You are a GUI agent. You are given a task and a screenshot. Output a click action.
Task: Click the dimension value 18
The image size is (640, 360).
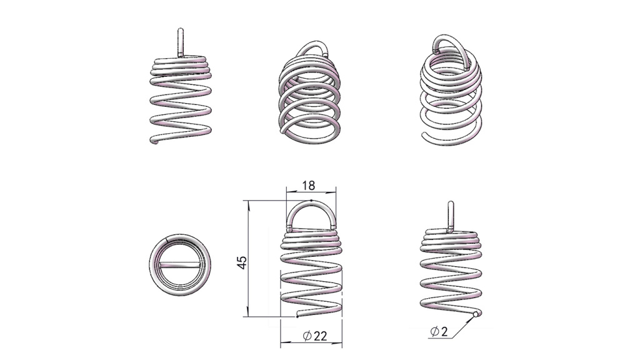(309, 186)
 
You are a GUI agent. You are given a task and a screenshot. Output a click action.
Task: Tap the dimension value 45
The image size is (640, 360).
(242, 262)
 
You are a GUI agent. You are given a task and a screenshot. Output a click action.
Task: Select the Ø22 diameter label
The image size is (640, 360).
(315, 336)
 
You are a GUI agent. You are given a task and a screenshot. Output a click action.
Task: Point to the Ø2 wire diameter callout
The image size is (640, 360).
(439, 331)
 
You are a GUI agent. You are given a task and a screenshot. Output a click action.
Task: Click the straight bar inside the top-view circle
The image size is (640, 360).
(179, 265)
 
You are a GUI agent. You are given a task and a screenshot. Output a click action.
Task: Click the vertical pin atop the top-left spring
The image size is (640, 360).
(181, 42)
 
